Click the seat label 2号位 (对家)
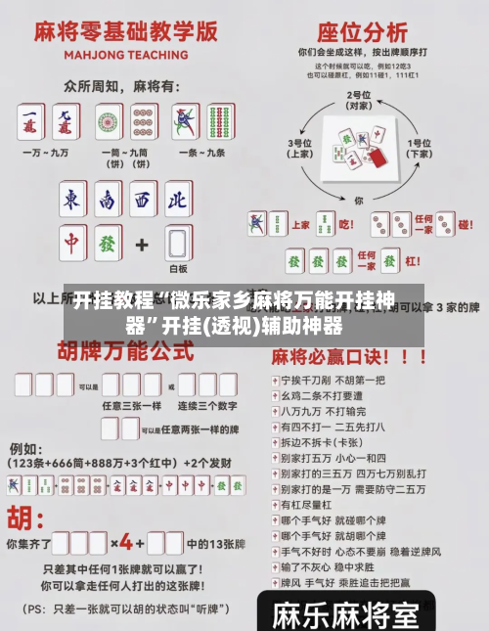coord(359,99)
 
